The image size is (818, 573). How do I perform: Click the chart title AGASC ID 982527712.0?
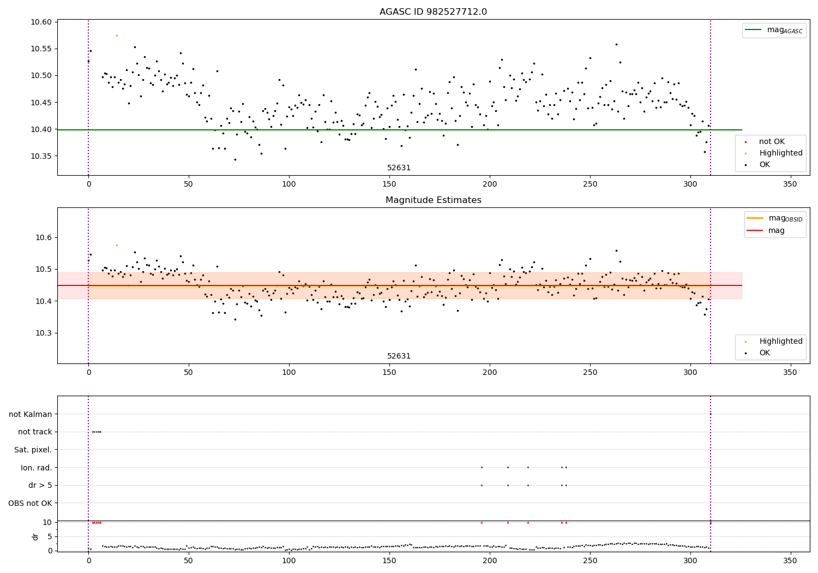[x=433, y=12]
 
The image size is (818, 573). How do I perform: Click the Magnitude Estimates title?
[x=433, y=200]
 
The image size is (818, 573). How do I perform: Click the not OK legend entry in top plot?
[x=771, y=142]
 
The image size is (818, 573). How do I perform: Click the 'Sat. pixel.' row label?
[x=33, y=450]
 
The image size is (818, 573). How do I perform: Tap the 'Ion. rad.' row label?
[x=36, y=468]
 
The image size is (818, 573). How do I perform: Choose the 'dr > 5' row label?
[x=40, y=485]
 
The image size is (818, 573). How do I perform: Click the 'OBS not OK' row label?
[x=30, y=503]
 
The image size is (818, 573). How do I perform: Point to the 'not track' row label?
[x=35, y=432]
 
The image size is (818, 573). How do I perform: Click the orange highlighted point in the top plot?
[x=117, y=35]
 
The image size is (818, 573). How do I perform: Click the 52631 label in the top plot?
[x=399, y=168]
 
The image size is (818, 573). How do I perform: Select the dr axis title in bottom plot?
[x=35, y=536]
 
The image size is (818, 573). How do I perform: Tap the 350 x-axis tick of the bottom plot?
[x=790, y=560]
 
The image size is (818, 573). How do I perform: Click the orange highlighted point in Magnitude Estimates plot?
[x=117, y=245]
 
